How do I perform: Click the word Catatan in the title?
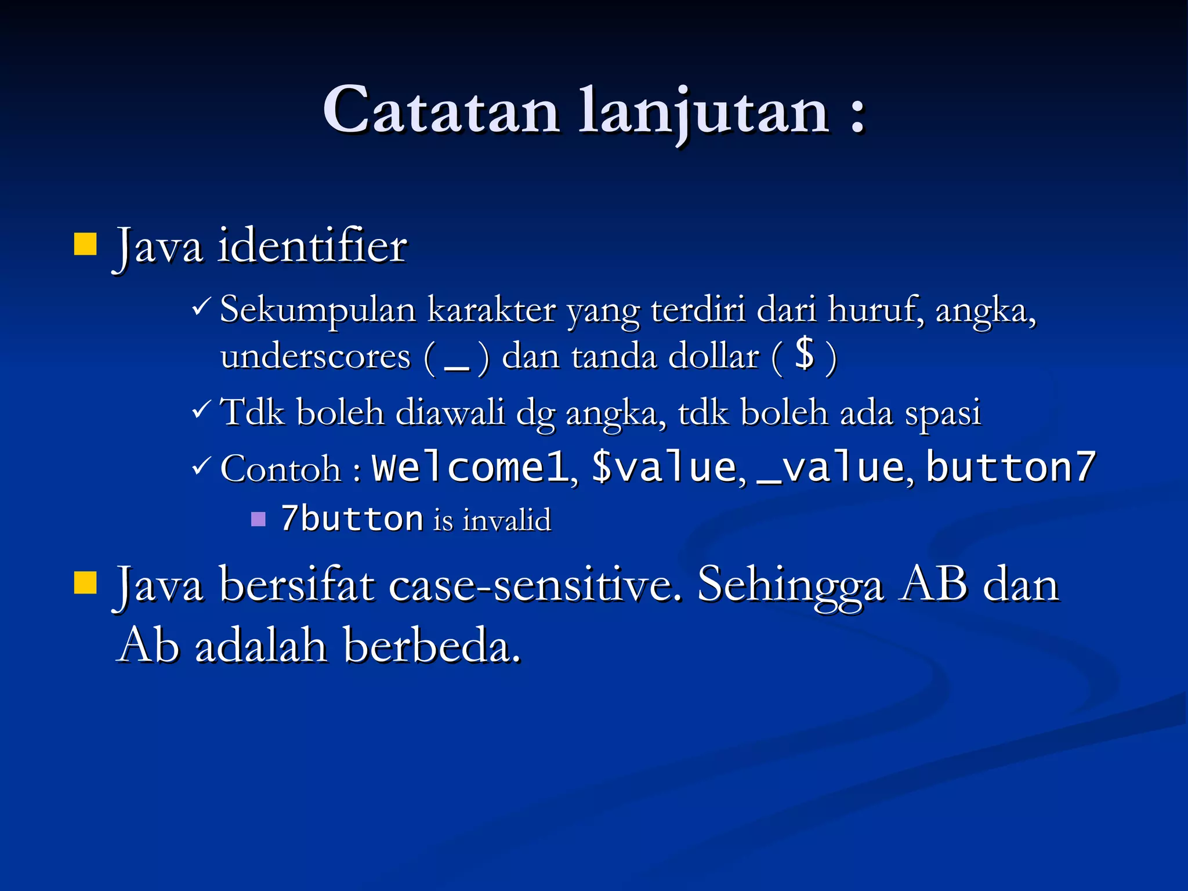(441, 110)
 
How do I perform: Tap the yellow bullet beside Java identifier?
(85, 244)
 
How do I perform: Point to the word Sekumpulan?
(318, 310)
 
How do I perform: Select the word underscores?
(315, 356)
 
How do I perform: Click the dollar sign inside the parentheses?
(805, 354)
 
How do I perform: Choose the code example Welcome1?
(470, 468)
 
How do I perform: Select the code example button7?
(1010, 468)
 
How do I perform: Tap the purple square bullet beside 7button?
(258, 519)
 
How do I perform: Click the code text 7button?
(352, 519)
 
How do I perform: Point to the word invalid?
(506, 520)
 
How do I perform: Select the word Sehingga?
(791, 586)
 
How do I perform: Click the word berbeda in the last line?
(432, 646)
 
